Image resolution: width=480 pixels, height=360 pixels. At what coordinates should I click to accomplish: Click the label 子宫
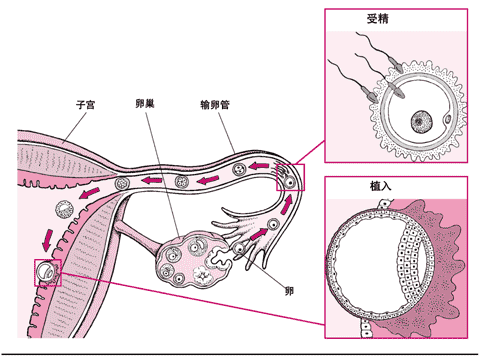pos(85,105)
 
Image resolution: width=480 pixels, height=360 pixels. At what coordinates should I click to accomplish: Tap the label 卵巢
pos(145,104)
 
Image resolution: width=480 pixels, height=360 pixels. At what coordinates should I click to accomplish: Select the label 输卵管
pos(215,105)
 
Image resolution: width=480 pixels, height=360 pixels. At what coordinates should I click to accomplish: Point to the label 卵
pos(289,291)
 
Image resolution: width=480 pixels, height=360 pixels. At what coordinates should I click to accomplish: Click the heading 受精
pos(378,19)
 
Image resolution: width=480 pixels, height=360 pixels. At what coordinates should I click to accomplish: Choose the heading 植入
pos(381,186)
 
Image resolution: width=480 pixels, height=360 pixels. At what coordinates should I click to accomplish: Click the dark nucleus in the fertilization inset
pos(422,122)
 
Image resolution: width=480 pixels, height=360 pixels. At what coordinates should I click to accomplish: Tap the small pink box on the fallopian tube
pos(290,177)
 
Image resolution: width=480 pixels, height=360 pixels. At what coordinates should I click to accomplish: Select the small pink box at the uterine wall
pos(48,273)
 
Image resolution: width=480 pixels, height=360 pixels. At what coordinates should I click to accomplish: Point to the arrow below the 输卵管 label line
pos(259,166)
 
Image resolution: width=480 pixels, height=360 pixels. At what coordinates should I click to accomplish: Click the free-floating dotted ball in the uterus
pos(64,209)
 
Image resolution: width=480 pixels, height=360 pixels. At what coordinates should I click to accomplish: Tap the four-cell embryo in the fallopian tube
pos(182,182)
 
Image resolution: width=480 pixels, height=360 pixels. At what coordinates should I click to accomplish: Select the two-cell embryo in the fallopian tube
pos(239,170)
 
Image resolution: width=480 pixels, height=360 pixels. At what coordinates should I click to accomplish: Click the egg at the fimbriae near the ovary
pos(240,248)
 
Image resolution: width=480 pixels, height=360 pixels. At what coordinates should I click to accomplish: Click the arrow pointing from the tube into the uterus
pos(89,193)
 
